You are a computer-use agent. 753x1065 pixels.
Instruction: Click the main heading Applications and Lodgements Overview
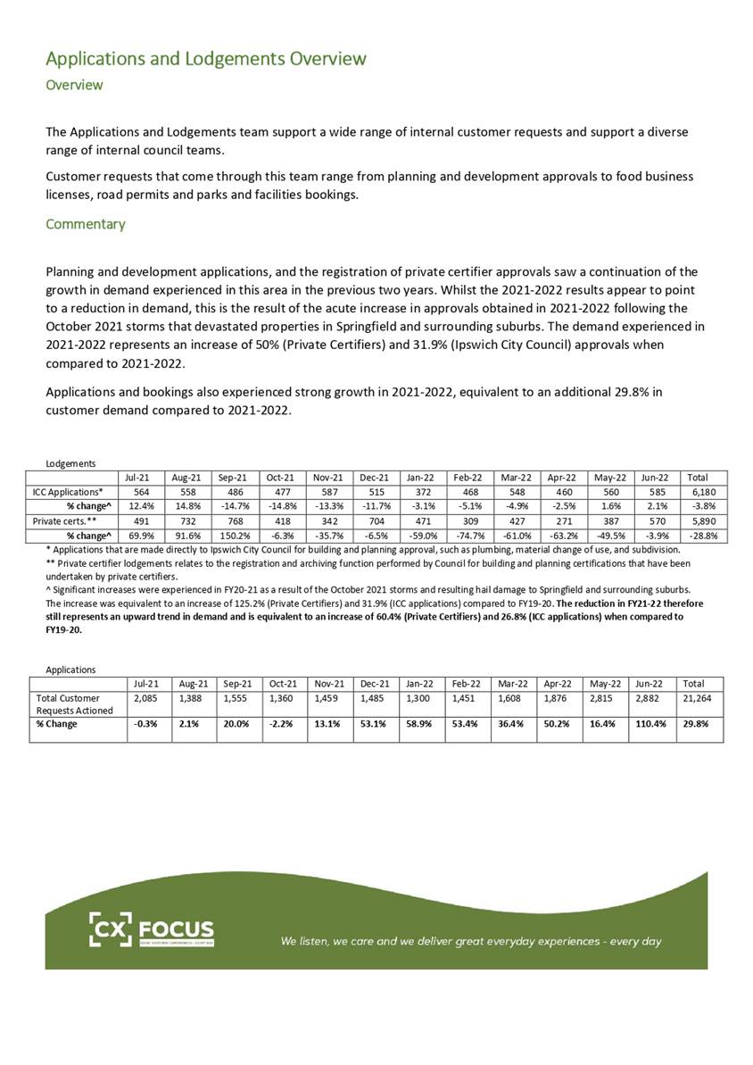pyautogui.click(x=205, y=59)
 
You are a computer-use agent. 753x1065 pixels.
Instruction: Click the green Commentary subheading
pyautogui.click(x=85, y=224)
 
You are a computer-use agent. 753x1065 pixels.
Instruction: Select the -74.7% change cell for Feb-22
pyautogui.click(x=469, y=536)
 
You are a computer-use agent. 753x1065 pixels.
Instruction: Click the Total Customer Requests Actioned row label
pyautogui.click(x=74, y=703)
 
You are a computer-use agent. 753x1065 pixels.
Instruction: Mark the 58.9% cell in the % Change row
pyautogui.click(x=418, y=724)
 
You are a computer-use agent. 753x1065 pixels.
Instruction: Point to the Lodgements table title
pyautogui.click(x=70, y=462)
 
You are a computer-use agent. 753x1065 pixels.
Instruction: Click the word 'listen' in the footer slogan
pyautogui.click(x=319, y=941)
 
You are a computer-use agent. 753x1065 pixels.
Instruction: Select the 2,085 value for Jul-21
pyautogui.click(x=144, y=696)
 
